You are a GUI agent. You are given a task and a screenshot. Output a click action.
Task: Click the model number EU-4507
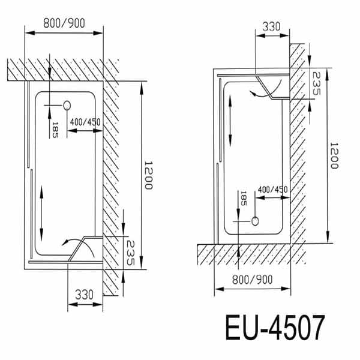pos(275,329)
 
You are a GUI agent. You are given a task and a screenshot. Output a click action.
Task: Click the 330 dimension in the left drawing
pos(85,295)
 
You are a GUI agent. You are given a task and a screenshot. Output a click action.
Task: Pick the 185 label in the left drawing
pos(55,128)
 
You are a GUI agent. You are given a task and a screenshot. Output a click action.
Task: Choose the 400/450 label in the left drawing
pos(85,122)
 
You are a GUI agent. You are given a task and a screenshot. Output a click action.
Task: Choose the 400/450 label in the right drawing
pos(272,190)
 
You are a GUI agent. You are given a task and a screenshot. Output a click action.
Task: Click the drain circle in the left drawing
pos(67,106)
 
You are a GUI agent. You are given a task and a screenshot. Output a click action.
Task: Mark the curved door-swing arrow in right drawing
pos(260,92)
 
